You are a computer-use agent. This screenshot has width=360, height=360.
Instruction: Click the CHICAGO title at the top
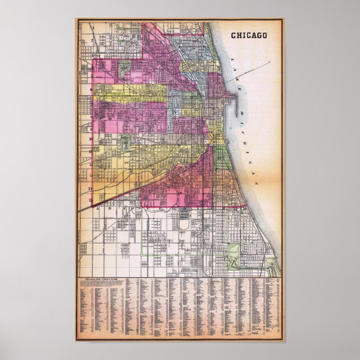pyautogui.click(x=249, y=35)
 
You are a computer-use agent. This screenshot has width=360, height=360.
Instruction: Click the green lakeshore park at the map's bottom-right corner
pyautogui.click(x=272, y=267)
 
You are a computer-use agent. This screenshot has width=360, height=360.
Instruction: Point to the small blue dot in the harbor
pyautogui.click(x=230, y=128)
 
